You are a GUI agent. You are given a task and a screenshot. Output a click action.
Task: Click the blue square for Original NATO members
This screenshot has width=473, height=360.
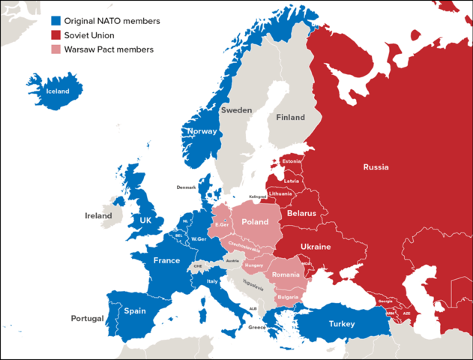(56, 21)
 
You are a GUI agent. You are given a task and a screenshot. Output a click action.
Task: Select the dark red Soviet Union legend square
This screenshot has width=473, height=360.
(56, 35)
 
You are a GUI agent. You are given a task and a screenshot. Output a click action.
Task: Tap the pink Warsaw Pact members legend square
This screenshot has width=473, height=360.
(56, 49)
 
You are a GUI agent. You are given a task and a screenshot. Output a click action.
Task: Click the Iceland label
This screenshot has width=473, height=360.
(58, 91)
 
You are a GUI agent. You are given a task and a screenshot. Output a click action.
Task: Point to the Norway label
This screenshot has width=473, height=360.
(202, 131)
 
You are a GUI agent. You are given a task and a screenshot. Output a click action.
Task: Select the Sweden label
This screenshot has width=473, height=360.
(236, 110)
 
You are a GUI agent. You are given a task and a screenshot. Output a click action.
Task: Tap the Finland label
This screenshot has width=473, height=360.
(290, 118)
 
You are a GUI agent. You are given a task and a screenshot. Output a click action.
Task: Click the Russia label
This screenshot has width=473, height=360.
(376, 166)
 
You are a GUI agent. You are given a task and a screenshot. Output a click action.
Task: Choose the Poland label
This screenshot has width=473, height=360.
(254, 223)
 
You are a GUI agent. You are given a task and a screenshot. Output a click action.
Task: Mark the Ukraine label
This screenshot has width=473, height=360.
(316, 247)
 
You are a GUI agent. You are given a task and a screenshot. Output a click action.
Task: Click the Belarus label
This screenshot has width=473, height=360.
(302, 213)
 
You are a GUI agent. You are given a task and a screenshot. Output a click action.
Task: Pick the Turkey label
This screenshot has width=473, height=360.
(346, 324)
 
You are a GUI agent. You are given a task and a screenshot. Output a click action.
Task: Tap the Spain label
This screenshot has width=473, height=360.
(135, 310)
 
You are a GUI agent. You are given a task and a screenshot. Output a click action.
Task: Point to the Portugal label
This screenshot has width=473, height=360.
(87, 319)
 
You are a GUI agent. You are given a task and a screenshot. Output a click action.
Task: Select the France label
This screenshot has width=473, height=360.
(166, 260)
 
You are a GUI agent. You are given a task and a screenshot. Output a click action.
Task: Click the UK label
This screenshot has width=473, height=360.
(145, 220)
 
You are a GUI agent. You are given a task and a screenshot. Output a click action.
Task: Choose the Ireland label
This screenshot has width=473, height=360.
(98, 215)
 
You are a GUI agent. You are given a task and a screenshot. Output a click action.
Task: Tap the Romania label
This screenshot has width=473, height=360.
(286, 275)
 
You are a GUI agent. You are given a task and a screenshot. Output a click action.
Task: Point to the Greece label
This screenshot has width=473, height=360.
(256, 327)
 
